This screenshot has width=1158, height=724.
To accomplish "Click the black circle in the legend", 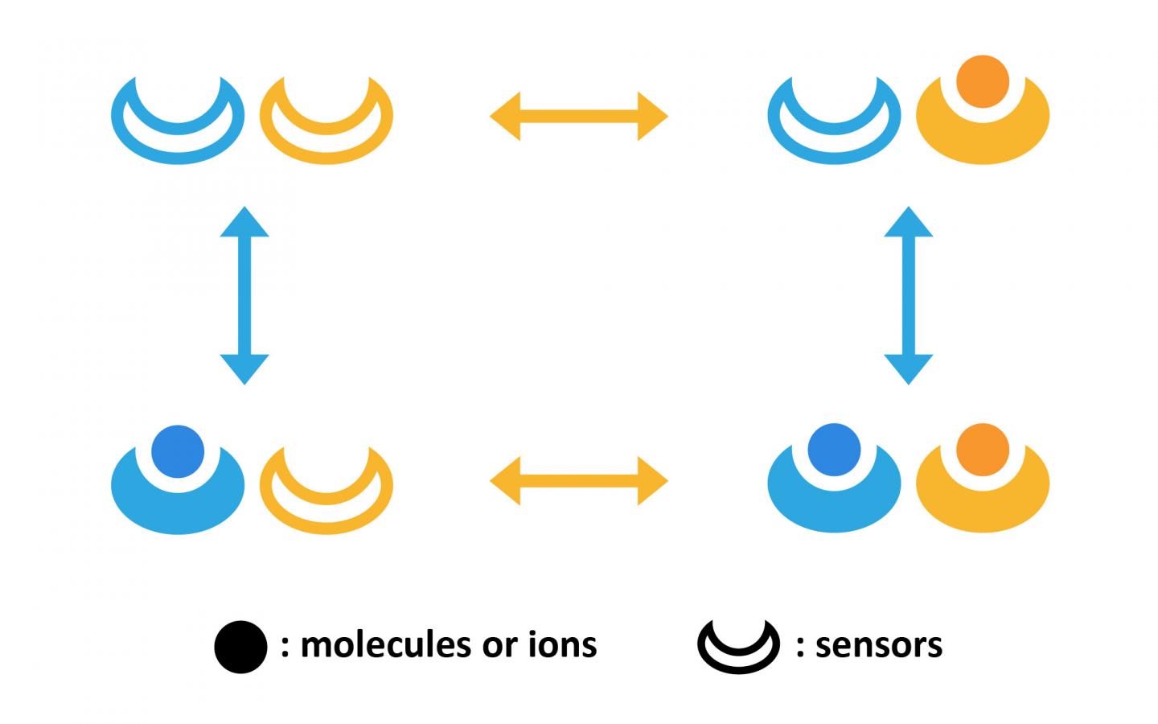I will pos(240,646).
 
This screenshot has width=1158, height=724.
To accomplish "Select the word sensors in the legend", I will pos(878,644).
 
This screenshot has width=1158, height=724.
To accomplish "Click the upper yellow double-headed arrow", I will pos(579,117).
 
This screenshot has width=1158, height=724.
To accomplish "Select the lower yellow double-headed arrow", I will pos(579,481).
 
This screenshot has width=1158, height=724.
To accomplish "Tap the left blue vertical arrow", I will pos(244,295).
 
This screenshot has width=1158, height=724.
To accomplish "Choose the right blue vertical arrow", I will pos(909,295).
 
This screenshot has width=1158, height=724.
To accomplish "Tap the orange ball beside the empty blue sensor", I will pos(983,81).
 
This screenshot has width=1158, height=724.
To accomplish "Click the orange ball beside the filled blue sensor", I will pos(983,450).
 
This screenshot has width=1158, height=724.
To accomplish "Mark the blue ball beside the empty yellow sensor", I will pos(178,450).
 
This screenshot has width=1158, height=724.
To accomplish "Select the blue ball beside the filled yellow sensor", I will pos(834,450).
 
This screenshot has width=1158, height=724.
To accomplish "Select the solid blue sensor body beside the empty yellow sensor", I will pos(178,507).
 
